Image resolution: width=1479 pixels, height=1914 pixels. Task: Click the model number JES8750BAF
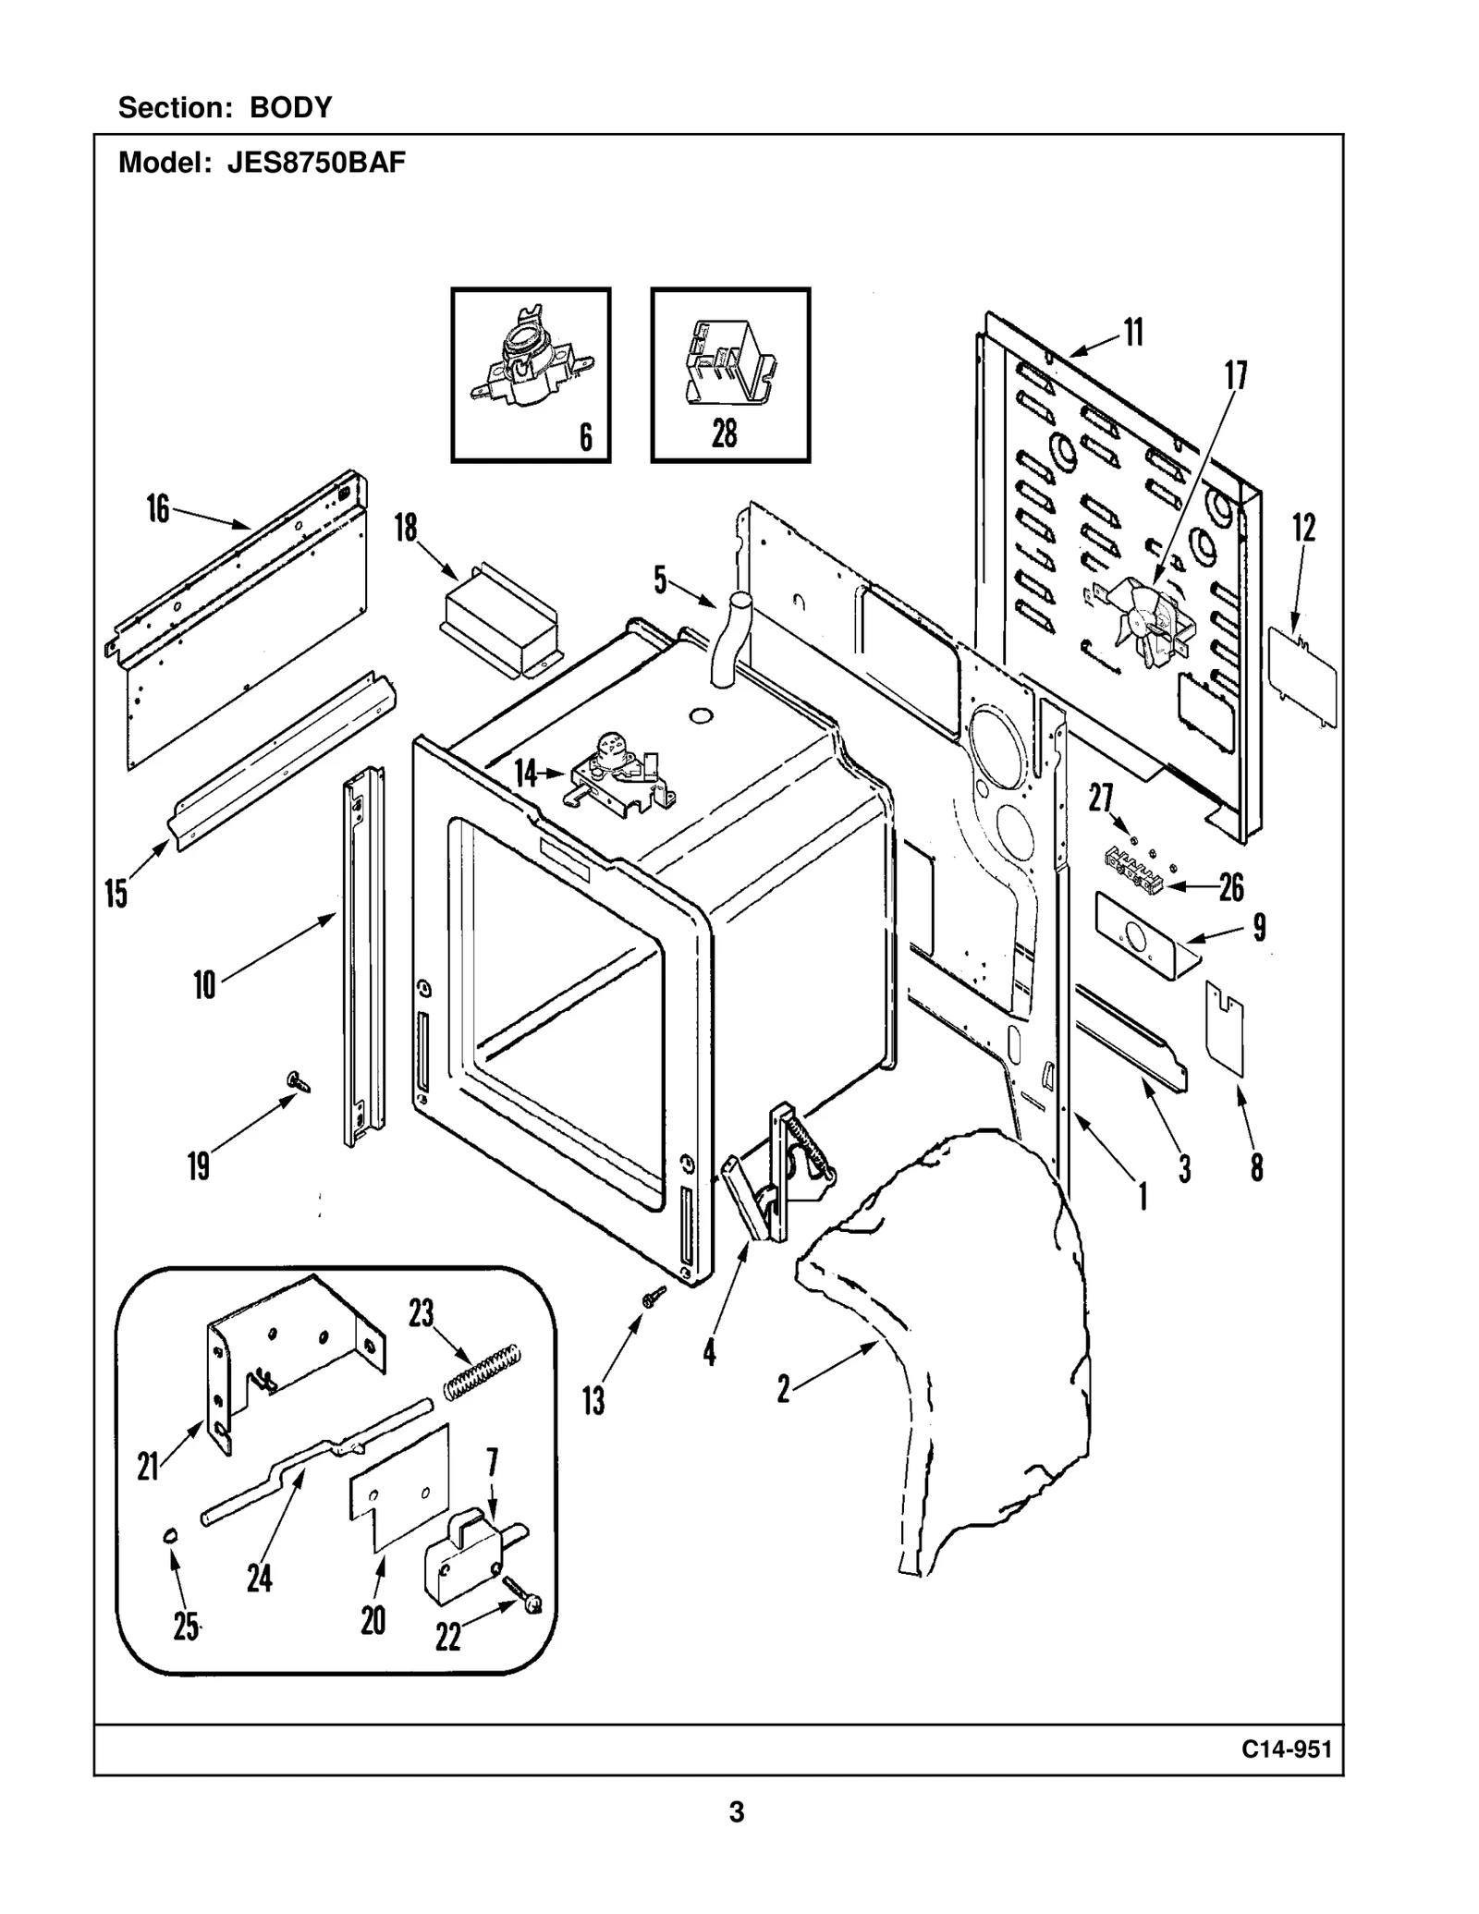coord(317,164)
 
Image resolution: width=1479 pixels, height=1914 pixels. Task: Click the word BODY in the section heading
coord(290,108)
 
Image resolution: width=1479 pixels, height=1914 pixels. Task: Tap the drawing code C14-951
coord(1287,1749)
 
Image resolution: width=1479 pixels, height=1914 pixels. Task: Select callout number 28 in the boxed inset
coord(725,433)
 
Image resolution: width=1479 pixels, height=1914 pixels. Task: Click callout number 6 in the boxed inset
coord(586,436)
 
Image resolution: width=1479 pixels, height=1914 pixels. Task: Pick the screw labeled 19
coord(299,1080)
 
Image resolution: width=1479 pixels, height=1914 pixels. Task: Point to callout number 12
coord(1303,528)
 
